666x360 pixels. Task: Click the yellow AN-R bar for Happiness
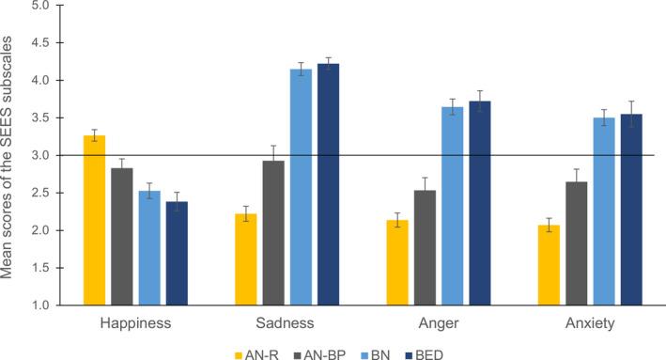coord(95,221)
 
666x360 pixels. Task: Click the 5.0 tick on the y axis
coord(40,6)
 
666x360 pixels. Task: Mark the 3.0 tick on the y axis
coord(40,155)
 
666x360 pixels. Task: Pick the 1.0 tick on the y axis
coord(40,305)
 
